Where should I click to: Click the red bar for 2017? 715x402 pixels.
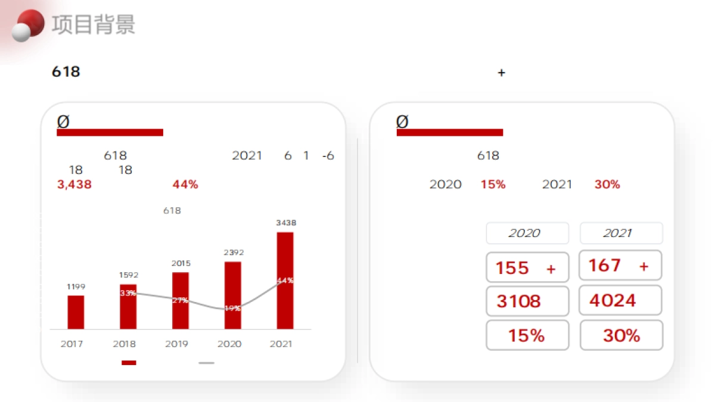pyautogui.click(x=76, y=312)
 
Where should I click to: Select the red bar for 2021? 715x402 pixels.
pyautogui.click(x=285, y=280)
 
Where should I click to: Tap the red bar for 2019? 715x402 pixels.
pyautogui.click(x=181, y=301)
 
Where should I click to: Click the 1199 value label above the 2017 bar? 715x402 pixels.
pyautogui.click(x=76, y=287)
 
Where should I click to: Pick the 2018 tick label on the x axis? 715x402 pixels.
pyautogui.click(x=124, y=344)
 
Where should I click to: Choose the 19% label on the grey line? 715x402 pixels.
pyautogui.click(x=233, y=308)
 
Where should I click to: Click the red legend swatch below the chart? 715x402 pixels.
pyautogui.click(x=129, y=363)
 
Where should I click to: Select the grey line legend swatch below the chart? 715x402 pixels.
pyautogui.click(x=206, y=363)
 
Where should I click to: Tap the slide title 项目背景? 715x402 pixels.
pyautogui.click(x=94, y=24)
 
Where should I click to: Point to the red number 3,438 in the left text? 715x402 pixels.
pyautogui.click(x=74, y=185)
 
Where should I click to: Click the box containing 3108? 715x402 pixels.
pyautogui.click(x=527, y=301)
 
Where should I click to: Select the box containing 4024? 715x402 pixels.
pyautogui.click(x=620, y=300)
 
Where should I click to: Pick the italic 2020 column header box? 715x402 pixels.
pyautogui.click(x=527, y=233)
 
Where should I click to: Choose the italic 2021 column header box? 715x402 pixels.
pyautogui.click(x=621, y=233)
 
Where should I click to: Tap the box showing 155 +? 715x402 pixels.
pyautogui.click(x=527, y=267)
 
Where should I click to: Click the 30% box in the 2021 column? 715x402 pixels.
pyautogui.click(x=621, y=335)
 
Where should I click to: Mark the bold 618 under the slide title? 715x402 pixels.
pyautogui.click(x=66, y=72)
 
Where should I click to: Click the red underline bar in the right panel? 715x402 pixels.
pyautogui.click(x=450, y=132)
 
